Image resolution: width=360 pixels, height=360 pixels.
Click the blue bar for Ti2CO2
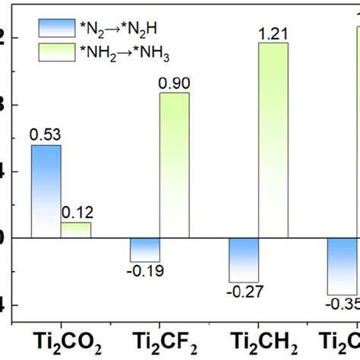pyautogui.click(x=46, y=191)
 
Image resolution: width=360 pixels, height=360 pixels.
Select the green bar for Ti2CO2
pyautogui.click(x=75, y=230)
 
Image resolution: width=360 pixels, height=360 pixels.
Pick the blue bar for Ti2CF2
pyautogui.click(x=144, y=250)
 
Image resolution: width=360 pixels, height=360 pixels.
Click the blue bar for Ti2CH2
pyautogui.click(x=244, y=260)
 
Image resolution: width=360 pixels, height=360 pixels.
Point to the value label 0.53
pyautogui.click(x=45, y=135)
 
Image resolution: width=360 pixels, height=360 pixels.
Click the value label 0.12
pyautogui.click(x=76, y=213)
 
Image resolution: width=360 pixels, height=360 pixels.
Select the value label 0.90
pyautogui.click(x=174, y=83)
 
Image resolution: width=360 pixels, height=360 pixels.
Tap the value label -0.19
pyautogui.click(x=144, y=271)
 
